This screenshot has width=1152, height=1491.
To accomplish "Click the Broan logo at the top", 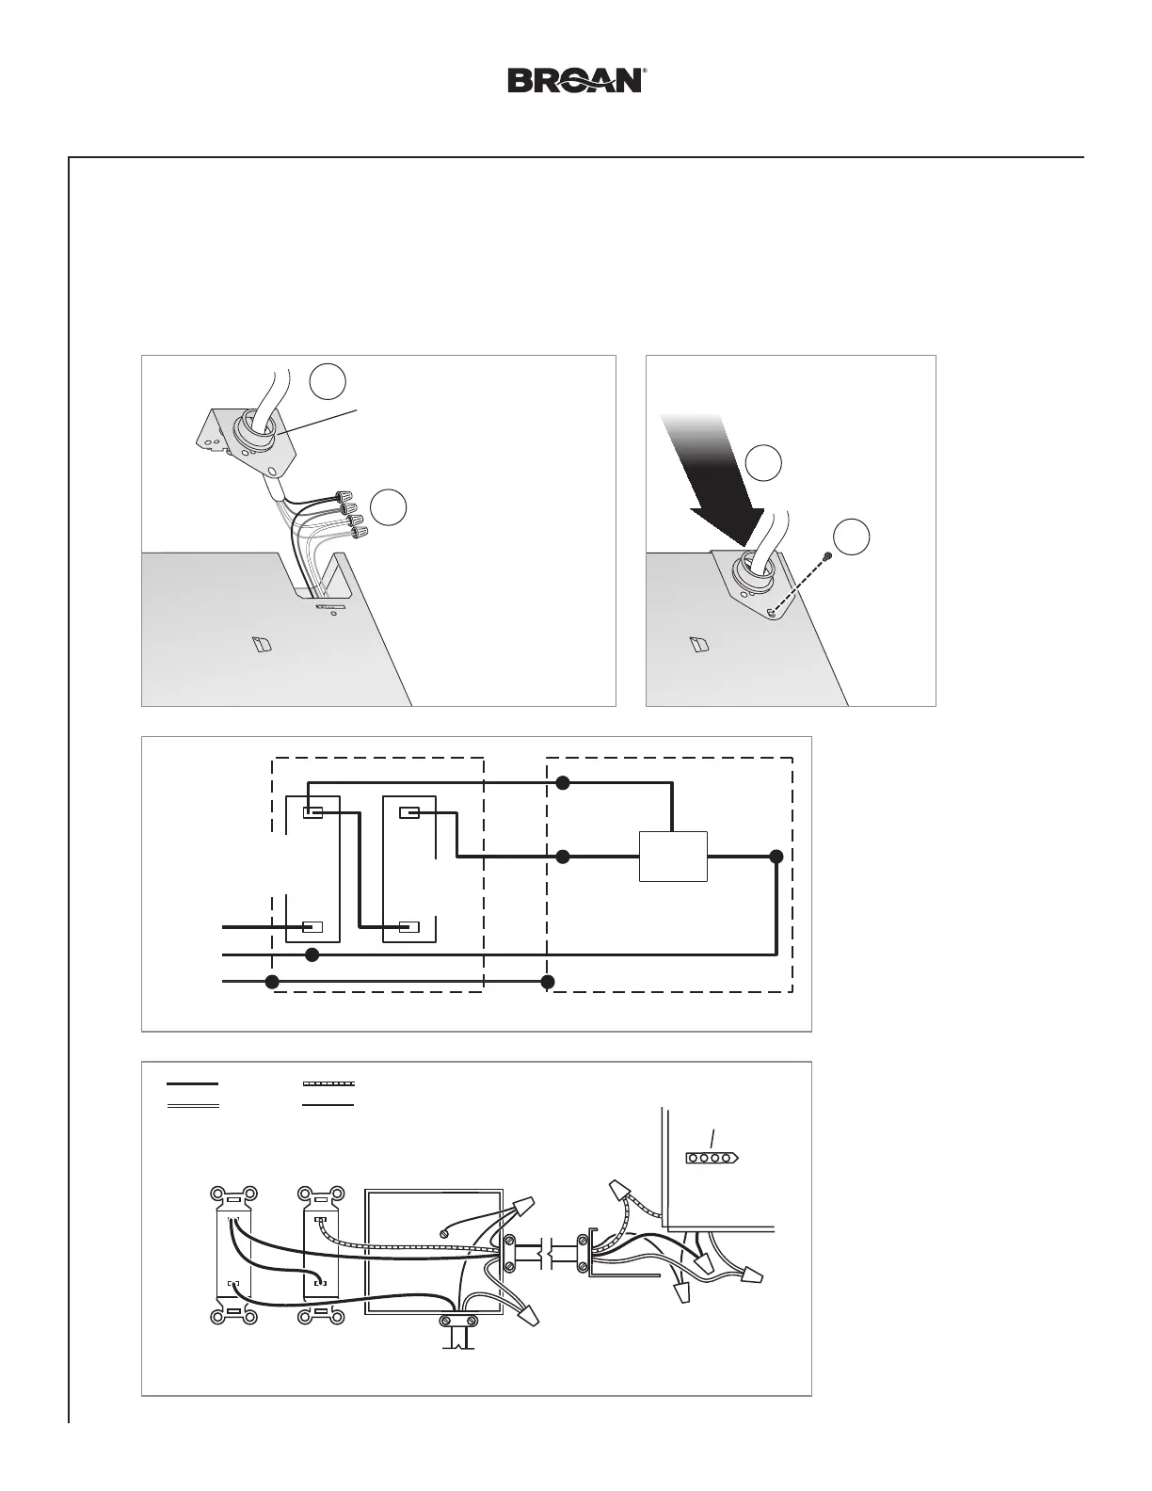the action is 576,80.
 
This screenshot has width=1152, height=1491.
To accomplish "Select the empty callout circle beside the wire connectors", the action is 388,506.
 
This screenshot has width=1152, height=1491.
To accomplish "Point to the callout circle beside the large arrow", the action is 764,462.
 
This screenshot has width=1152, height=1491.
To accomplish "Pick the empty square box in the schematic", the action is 673,857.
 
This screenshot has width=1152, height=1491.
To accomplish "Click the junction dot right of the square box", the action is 776,857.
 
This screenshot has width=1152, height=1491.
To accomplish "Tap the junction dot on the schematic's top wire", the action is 563,782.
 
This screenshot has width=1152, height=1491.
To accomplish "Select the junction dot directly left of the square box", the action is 563,857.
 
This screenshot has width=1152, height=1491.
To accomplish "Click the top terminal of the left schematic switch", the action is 313,812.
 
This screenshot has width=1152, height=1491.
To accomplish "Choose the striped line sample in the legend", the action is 328,1084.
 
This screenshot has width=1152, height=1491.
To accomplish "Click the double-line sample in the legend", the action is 193,1105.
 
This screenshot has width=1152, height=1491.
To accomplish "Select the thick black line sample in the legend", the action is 193,1084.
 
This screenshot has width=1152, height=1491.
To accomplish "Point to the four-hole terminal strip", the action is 713,1157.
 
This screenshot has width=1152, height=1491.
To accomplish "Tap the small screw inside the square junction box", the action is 445,1232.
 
